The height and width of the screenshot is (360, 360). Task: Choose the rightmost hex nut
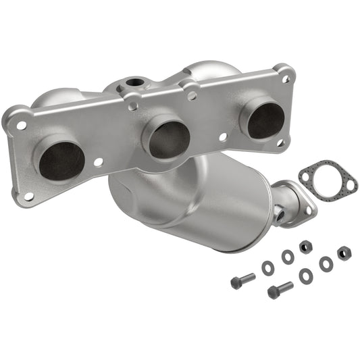(x=343, y=253)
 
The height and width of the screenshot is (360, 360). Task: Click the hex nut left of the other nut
(x=305, y=247)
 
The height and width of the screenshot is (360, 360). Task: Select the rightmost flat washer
(x=326, y=264)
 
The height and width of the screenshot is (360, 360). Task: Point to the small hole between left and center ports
(x=99, y=162)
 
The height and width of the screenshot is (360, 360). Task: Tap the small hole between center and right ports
(x=224, y=137)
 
